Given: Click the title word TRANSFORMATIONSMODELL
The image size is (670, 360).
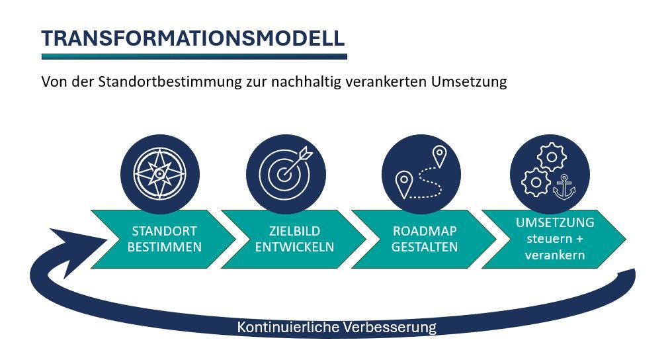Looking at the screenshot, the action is point(193,38).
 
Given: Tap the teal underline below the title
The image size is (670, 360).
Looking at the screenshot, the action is point(194,56).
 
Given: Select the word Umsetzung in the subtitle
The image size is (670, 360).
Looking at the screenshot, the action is point(469,81).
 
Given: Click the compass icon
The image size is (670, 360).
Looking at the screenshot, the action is point(160,174).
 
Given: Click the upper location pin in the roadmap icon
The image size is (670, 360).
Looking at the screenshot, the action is point(439,156).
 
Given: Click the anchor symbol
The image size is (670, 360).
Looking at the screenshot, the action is point(564,187).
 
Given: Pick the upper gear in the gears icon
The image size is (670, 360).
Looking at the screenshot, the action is point(551,157).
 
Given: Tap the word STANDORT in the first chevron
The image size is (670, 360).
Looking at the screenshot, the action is point(165,231).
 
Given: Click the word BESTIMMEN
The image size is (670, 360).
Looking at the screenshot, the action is point(165,247).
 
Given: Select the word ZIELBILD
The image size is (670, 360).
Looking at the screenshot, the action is point(294,231).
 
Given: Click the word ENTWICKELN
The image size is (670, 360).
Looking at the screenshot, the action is point(294,247).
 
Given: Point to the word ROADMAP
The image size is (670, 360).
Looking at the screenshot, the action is point(425,231).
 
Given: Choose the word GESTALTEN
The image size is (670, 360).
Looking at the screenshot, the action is point(425,247).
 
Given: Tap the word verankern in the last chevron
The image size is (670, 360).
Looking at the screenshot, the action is point(555,255).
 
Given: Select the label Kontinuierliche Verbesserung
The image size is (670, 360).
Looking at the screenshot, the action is point(337,328).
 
